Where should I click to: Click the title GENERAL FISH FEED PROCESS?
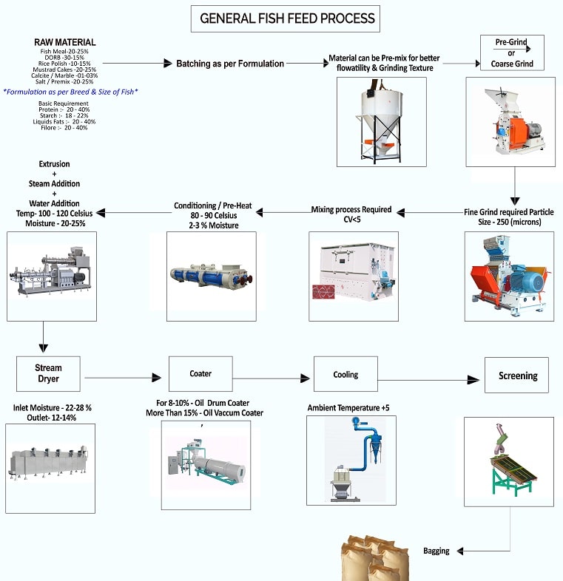pos(288,18)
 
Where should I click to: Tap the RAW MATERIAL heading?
pos(64,42)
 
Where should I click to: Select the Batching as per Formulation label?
pos(229,64)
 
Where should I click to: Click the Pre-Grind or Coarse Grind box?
pos(512,53)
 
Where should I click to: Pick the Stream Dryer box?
pos(48,373)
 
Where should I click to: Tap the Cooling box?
pos(345,374)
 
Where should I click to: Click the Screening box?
pos(518,376)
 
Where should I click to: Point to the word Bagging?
pos(436,551)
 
